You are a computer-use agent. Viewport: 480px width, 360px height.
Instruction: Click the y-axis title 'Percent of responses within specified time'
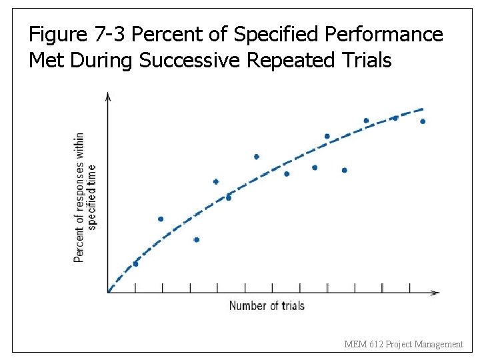85,197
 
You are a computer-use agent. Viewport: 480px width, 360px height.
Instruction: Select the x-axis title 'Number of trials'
267,306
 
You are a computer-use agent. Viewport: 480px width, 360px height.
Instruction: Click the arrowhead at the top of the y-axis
108,96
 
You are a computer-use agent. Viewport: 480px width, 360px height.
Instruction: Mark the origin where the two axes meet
108,292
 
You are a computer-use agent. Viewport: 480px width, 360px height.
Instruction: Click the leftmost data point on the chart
135,264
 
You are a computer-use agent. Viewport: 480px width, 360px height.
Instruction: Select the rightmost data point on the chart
423,121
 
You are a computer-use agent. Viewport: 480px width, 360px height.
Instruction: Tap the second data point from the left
161,219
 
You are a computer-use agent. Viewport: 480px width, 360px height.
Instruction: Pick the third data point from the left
196,239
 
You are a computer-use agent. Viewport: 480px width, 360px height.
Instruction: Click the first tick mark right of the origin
135,288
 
